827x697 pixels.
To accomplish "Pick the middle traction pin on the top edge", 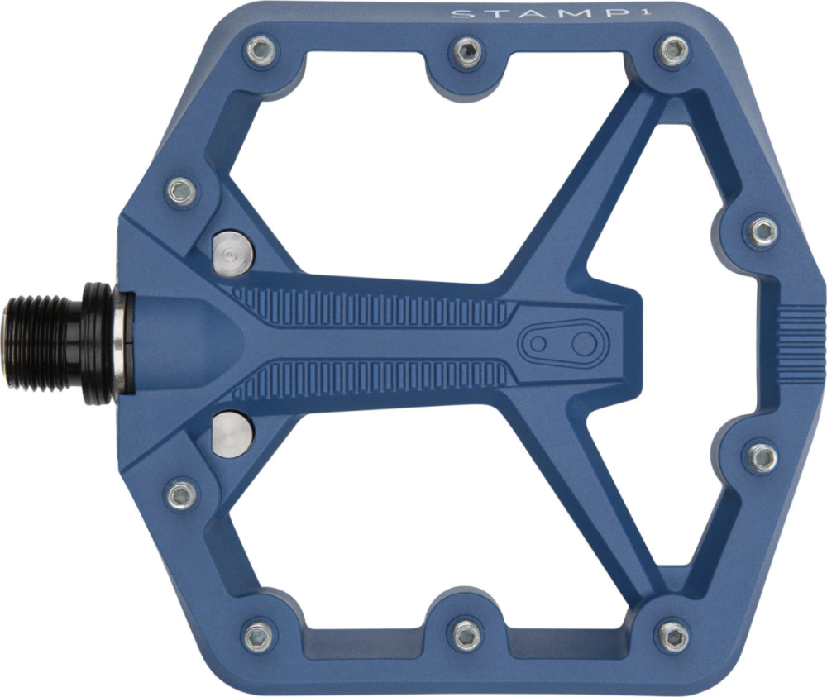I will pyautogui.click(x=467, y=51).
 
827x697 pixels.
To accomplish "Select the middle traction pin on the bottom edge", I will pyautogui.click(x=466, y=634).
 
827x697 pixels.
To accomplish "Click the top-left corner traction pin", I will pyautogui.click(x=261, y=51).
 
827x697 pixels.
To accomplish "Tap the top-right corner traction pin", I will pyautogui.click(x=672, y=51).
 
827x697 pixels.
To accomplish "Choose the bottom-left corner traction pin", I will pyautogui.click(x=259, y=635).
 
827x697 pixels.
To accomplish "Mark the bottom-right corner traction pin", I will pyautogui.click(x=672, y=635).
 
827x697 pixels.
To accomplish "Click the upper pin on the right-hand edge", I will pyautogui.click(x=762, y=232).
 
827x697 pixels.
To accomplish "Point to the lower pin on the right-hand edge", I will pyautogui.click(x=762, y=456).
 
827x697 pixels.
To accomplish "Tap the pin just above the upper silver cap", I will pyautogui.click(x=181, y=192).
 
